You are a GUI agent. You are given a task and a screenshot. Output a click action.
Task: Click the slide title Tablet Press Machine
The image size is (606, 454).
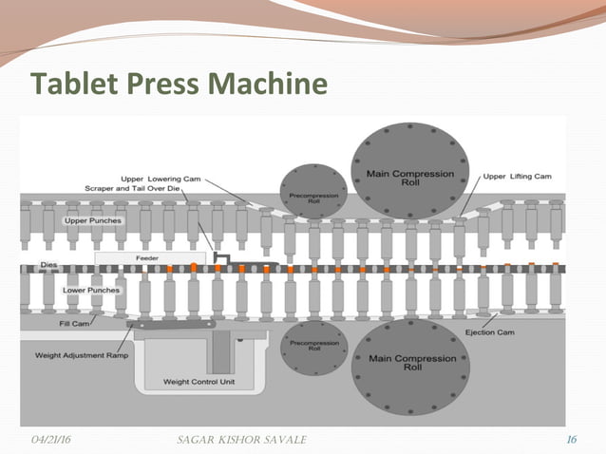[x=180, y=85]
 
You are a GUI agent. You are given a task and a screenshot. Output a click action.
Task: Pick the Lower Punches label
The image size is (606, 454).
[x=90, y=290]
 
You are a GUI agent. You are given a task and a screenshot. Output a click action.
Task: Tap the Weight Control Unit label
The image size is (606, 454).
[x=199, y=382]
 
